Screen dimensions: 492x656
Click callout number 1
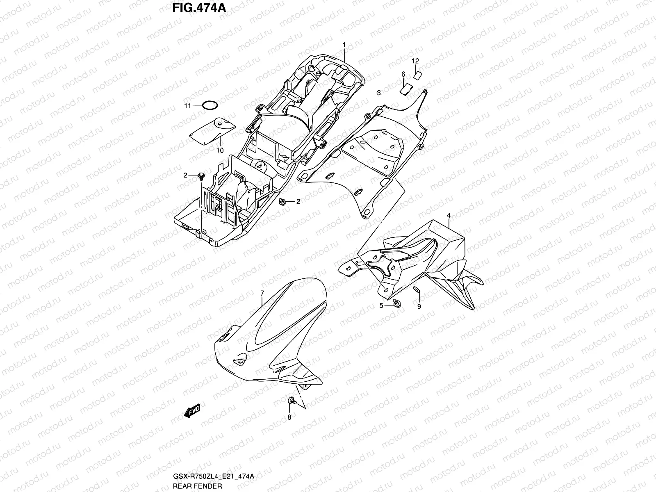tap(344, 44)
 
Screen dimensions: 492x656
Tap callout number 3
tap(379, 93)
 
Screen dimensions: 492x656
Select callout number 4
tap(449, 215)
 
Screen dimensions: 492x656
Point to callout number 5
tap(381, 305)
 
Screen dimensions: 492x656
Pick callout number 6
tap(403, 74)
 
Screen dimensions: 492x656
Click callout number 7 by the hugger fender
tap(262, 292)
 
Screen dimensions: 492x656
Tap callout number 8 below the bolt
tap(289, 417)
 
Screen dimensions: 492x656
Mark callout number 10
tap(220, 150)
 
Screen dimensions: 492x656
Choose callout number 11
tap(187, 106)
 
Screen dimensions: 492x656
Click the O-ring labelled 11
tap(210, 105)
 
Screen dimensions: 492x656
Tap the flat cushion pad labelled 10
tap(211, 130)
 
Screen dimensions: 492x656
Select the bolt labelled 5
tap(396, 303)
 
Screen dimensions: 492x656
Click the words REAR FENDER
tap(197, 486)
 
